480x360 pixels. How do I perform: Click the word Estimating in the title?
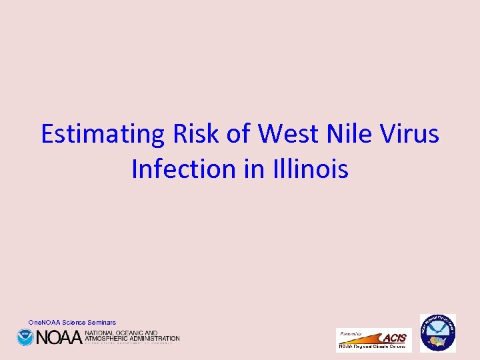(x=103, y=134)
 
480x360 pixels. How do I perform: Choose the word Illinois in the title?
(x=311, y=169)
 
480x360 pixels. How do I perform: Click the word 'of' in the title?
(x=239, y=134)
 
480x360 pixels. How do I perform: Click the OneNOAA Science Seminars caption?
(x=72, y=323)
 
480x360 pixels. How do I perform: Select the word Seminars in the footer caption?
(x=101, y=323)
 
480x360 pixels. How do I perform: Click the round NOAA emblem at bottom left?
(x=25, y=337)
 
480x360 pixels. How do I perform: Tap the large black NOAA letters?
(x=59, y=337)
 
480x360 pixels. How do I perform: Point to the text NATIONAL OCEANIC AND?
(x=121, y=333)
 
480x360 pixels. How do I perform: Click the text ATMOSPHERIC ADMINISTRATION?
(x=132, y=338)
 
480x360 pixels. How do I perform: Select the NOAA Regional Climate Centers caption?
(x=373, y=347)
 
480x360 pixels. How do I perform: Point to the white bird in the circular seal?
(x=437, y=328)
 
